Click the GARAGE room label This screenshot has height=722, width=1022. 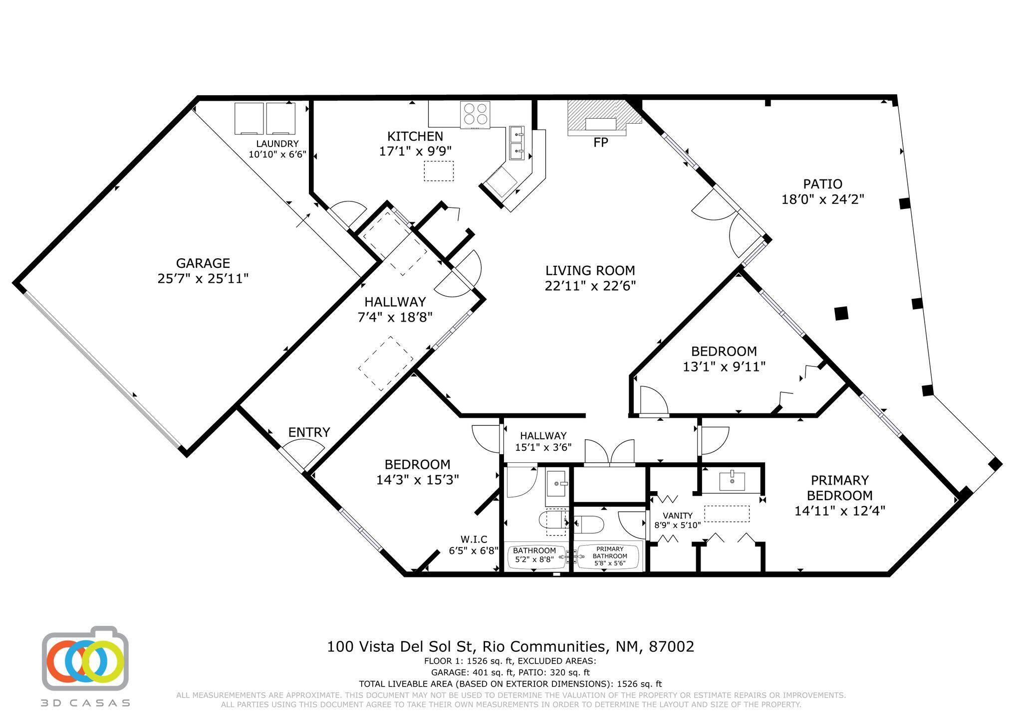pos(203,263)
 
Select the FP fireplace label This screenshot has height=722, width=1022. pos(601,143)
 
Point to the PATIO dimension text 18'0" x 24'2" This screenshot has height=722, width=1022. pos(822,199)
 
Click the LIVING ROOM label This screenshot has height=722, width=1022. pos(590,271)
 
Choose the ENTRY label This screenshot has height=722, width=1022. pos(309,432)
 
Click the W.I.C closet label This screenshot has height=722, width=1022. pos(474,539)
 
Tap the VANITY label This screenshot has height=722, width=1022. pos(677,516)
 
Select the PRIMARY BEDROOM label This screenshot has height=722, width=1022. pos(840,488)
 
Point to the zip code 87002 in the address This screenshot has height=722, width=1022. pos(671,647)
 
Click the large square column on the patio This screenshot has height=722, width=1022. pos(841,313)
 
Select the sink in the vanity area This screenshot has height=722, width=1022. pos(732,481)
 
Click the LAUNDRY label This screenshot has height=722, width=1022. pos(277,144)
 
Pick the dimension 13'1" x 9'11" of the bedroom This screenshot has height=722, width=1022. pos(724,367)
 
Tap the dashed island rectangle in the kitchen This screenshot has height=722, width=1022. pos(439,171)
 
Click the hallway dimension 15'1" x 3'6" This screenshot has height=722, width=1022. pos(543,447)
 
